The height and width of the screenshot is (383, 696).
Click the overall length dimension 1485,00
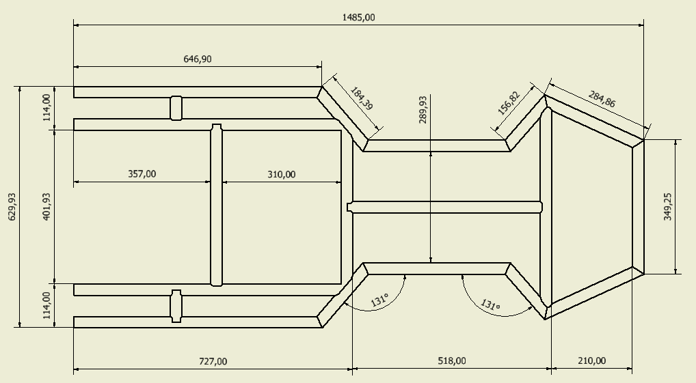[x=359, y=17]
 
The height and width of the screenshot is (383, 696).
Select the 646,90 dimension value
[x=198, y=59]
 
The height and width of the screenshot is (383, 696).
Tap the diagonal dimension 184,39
[x=362, y=98]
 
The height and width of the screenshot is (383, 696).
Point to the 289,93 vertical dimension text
[x=423, y=109]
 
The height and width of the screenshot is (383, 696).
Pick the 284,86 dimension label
[x=602, y=99]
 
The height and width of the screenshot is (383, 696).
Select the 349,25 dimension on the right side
[x=667, y=207]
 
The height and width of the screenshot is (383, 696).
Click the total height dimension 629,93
[x=12, y=207]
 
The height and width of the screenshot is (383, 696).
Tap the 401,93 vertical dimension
[x=46, y=207]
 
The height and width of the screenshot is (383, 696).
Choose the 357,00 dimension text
[x=142, y=174]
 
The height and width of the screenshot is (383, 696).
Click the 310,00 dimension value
[x=282, y=174]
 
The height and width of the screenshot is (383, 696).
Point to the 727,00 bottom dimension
[x=213, y=362]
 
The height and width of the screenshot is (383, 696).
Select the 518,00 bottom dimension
[x=452, y=361]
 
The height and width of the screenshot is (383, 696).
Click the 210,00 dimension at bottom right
[x=591, y=361]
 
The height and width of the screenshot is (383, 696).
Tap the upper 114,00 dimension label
[x=46, y=108]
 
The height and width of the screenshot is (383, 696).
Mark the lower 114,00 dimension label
[x=46, y=305]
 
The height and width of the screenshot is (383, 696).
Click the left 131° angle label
[x=379, y=300]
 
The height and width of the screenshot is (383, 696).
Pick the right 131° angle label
[x=490, y=304]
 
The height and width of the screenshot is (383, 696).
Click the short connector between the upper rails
[x=176, y=108]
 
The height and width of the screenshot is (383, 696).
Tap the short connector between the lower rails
[x=176, y=306]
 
